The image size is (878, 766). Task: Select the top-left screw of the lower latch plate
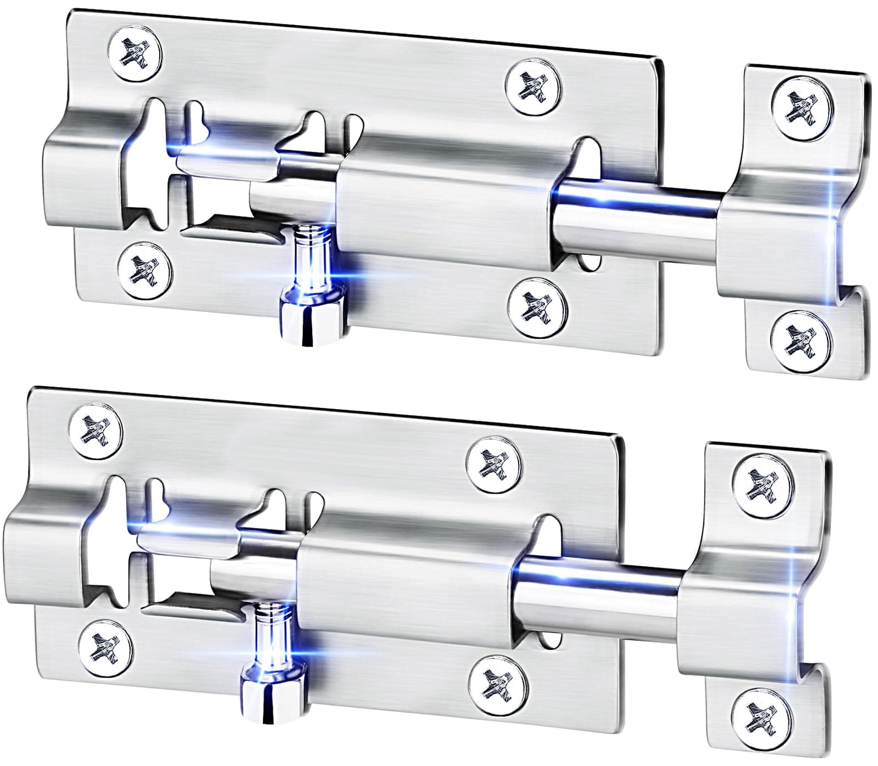point(96,430)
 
